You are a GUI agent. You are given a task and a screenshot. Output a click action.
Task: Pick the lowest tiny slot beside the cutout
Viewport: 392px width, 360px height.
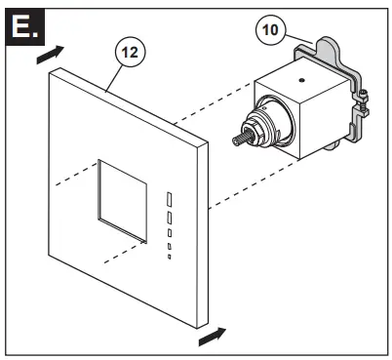(x=167, y=257)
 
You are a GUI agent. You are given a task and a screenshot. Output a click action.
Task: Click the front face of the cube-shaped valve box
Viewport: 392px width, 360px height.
(x=277, y=127)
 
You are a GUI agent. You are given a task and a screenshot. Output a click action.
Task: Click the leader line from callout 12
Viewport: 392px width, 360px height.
(x=115, y=76)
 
